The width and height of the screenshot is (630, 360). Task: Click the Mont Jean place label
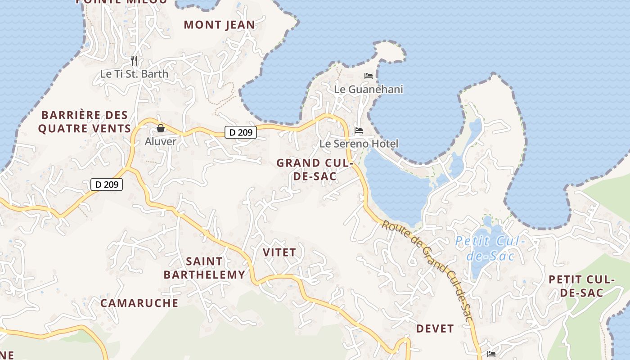[219, 25]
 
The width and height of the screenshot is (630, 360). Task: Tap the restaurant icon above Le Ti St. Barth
[134, 60]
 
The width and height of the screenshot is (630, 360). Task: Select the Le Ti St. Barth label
[134, 74]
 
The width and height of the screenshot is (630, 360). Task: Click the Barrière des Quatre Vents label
[85, 122]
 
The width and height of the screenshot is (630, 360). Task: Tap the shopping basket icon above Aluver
[161, 129]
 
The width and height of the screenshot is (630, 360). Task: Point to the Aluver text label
[161, 141]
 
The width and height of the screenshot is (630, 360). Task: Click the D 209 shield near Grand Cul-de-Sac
[241, 132]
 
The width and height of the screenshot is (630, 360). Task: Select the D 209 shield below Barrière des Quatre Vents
[107, 184]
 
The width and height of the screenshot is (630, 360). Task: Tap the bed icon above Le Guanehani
[369, 76]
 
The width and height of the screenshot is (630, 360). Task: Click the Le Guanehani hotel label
[369, 89]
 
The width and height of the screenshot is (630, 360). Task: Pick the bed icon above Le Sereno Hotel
[359, 131]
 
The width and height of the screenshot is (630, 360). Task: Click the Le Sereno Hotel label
[359, 144]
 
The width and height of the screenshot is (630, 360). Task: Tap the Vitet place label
[279, 252]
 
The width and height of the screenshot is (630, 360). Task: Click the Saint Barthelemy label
[204, 268]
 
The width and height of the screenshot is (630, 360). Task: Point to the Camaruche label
[139, 303]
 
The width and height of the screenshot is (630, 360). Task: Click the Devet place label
[435, 328]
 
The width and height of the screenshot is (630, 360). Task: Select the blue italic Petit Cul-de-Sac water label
[490, 249]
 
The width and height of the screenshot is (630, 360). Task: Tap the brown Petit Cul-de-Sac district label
[581, 286]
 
